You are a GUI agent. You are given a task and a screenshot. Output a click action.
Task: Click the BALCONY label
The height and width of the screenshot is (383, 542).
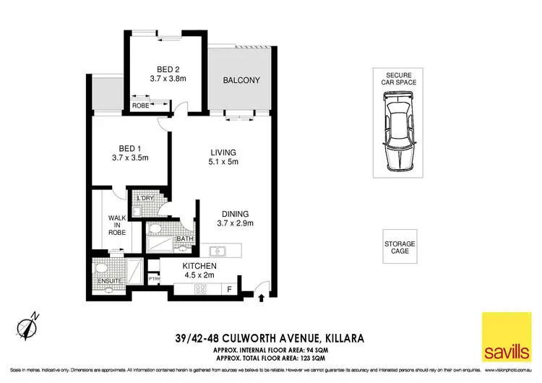click(241, 80)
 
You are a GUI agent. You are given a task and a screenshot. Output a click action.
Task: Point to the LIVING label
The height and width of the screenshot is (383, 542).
click(223, 152)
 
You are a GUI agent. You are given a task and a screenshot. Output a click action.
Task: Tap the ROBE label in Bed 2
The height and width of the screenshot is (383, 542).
click(139, 106)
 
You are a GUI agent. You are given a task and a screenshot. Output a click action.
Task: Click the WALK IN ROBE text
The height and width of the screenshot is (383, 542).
click(118, 225)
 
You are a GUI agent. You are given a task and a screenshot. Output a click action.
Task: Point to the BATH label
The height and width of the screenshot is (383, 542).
click(184, 239)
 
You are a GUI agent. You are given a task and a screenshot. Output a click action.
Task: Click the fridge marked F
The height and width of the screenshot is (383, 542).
click(230, 291)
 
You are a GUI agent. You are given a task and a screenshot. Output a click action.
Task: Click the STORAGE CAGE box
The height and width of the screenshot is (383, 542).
click(400, 246)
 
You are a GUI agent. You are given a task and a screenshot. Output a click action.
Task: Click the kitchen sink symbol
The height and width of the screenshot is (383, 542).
click(218, 251)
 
